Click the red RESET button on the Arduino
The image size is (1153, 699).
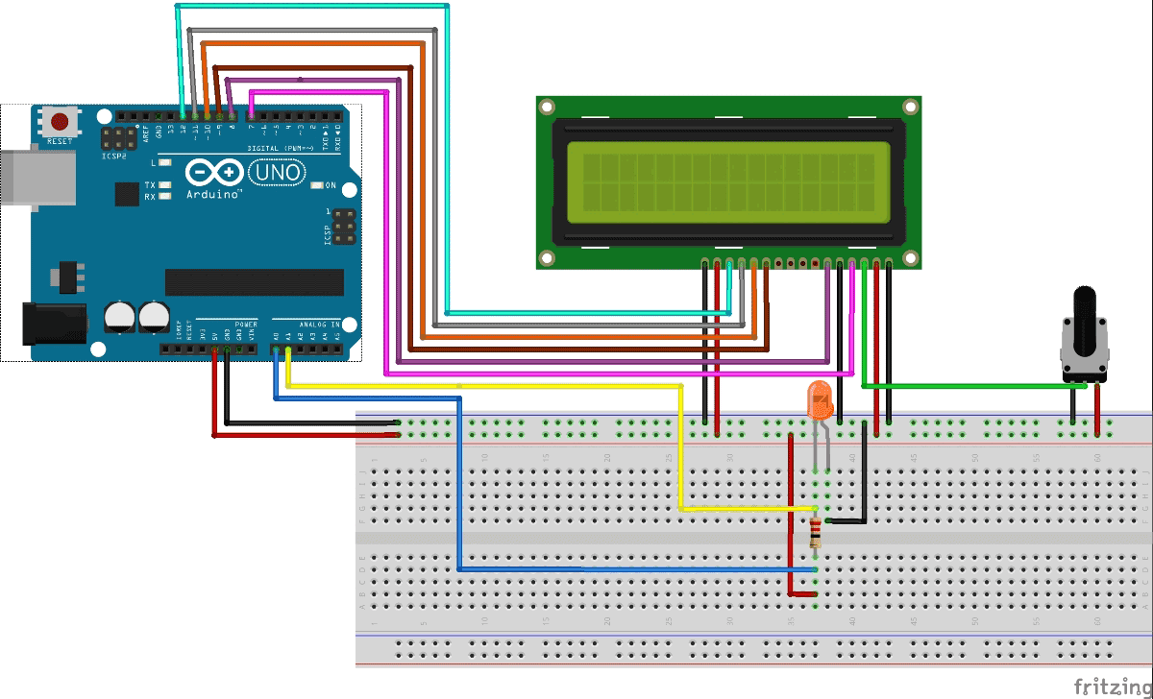click(x=61, y=122)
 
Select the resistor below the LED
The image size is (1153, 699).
click(x=816, y=531)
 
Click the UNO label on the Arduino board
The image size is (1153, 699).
click(x=277, y=173)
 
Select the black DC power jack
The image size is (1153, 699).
click(x=50, y=324)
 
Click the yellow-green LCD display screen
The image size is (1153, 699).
click(x=727, y=178)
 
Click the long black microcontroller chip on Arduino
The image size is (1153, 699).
click(x=254, y=282)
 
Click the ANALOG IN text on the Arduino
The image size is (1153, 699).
click(x=322, y=325)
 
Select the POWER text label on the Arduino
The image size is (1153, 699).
click(x=245, y=325)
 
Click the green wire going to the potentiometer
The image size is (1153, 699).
click(x=970, y=386)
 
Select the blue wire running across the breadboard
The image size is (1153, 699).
click(x=634, y=569)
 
